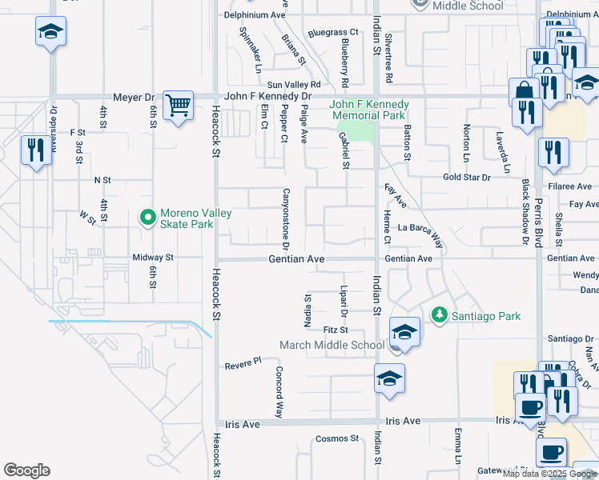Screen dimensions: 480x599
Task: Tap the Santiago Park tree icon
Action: click(438, 316)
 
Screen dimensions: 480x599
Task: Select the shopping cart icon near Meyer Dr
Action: click(178, 105)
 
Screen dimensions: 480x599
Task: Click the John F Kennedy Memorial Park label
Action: click(371, 110)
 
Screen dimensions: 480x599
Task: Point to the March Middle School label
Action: click(332, 346)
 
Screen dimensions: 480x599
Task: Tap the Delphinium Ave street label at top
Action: click(255, 14)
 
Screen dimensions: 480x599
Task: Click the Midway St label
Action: click(153, 258)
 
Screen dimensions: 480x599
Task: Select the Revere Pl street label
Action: click(243, 362)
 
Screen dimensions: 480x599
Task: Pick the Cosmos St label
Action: click(336, 438)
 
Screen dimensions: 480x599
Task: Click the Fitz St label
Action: click(336, 330)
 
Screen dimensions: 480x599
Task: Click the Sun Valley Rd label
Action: click(294, 84)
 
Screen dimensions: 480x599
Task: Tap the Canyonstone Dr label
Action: click(285, 218)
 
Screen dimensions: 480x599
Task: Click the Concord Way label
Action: click(279, 393)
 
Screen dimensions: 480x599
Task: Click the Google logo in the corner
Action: click(26, 470)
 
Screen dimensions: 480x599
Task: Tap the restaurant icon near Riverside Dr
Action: click(35, 151)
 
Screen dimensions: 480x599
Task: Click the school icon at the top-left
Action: click(50, 32)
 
